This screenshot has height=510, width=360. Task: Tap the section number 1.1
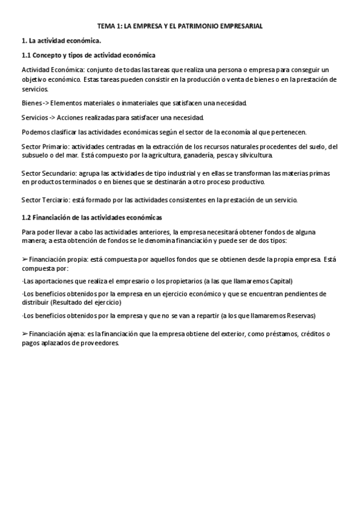coord(26,55)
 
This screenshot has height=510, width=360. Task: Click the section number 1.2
coord(26,217)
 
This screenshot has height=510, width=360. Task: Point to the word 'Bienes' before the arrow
coord(31,103)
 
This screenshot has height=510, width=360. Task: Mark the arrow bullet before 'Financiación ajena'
coord(25,333)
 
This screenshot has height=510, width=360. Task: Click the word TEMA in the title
coord(106,27)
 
